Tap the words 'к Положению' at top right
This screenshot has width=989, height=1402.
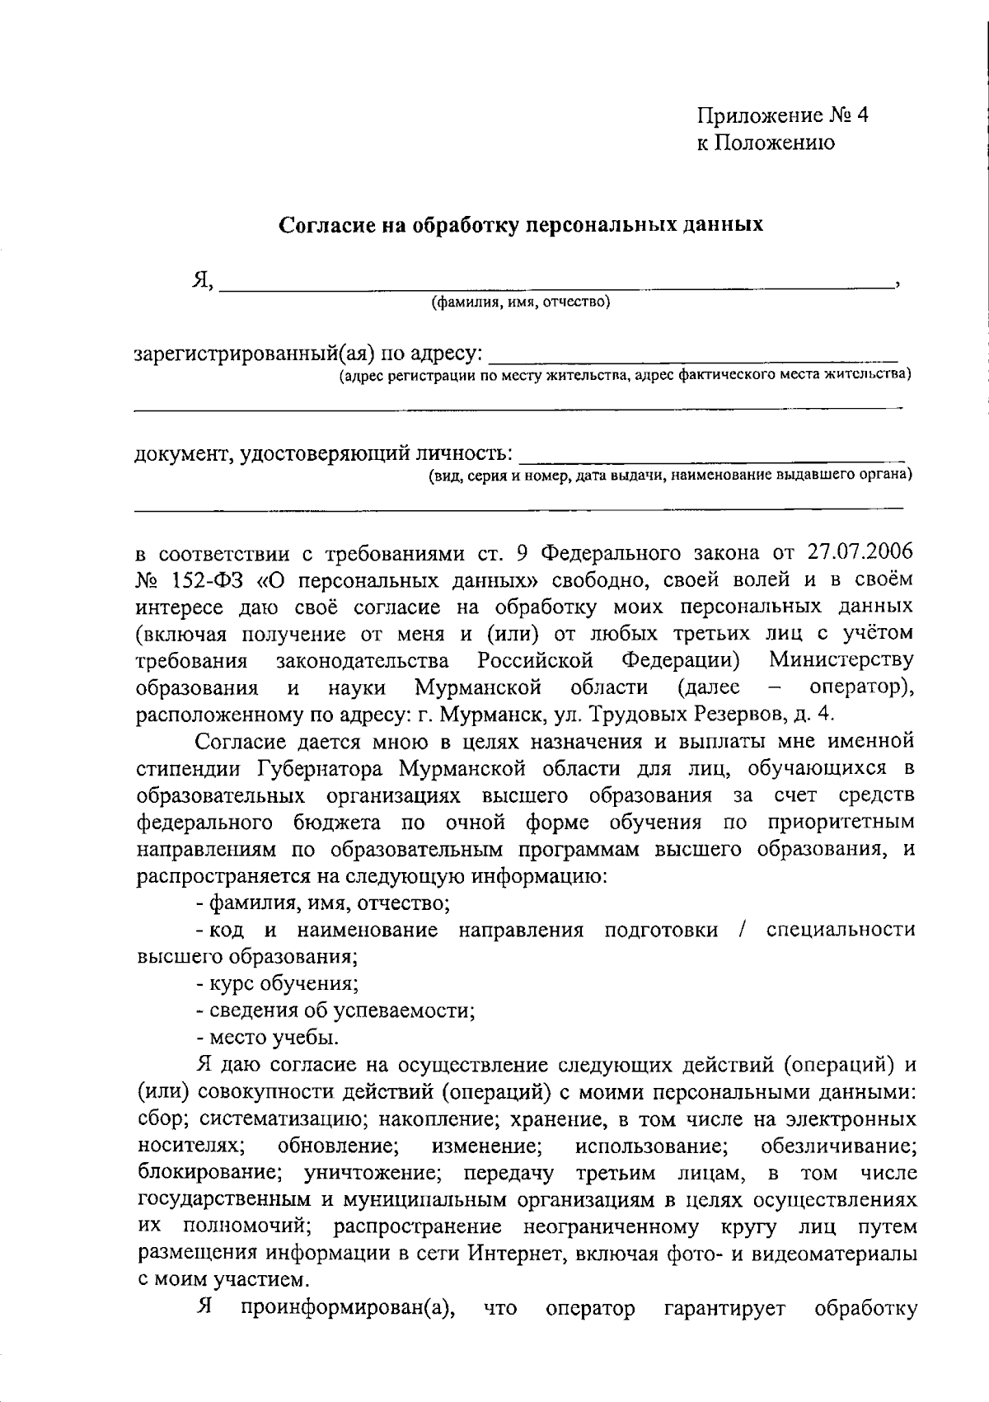(x=766, y=143)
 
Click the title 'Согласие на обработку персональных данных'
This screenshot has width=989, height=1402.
(x=522, y=224)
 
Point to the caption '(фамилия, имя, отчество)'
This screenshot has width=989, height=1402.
(x=521, y=302)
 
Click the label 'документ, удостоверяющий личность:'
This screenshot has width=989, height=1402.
(x=325, y=453)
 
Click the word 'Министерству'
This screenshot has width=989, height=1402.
(x=841, y=660)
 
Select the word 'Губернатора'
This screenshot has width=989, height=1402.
(x=322, y=769)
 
